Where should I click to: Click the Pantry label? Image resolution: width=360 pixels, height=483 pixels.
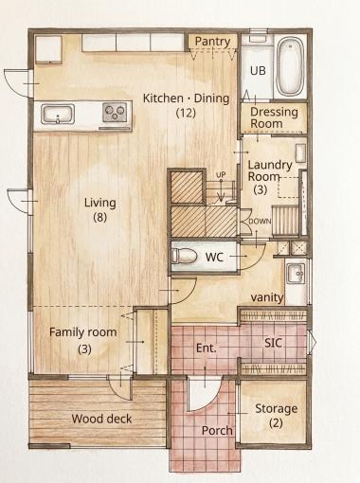tap(212, 42)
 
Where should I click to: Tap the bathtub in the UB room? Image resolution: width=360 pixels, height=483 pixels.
tap(290, 66)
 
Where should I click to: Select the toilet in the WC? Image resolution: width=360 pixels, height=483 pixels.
tap(184, 255)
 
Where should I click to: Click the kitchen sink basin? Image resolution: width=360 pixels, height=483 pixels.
tap(58, 115)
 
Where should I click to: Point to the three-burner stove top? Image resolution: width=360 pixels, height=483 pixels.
tap(115, 112)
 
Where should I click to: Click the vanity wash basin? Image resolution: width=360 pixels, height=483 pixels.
tap(296, 274)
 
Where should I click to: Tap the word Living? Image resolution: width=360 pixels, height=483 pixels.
tap(99, 203)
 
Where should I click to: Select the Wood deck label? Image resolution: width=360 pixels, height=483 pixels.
tap(101, 419)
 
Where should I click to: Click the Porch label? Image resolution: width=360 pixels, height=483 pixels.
tap(217, 430)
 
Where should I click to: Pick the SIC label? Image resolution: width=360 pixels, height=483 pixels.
tap(273, 343)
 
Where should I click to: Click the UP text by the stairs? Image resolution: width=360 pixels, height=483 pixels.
tap(221, 174)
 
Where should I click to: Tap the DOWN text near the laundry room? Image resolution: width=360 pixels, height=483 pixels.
tap(260, 222)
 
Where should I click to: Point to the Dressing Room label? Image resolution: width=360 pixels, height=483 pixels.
tap(274, 117)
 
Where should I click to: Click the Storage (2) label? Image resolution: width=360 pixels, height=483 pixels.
tap(277, 416)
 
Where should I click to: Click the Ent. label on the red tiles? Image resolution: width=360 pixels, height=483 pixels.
tap(207, 349)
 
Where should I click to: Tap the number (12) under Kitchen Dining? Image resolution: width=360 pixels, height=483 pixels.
tap(186, 113)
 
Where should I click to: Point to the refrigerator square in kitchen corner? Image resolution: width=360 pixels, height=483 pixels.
tap(48, 49)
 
